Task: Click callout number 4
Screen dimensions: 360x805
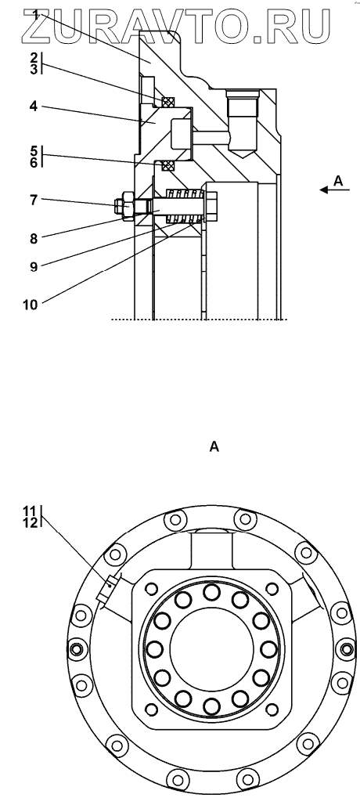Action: (x=34, y=106)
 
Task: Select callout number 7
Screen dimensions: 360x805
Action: (x=34, y=200)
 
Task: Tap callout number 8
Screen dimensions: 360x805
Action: (x=34, y=238)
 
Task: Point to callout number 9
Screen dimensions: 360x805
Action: (x=34, y=267)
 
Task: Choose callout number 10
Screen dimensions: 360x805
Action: (x=31, y=305)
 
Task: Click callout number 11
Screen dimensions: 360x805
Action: (x=30, y=511)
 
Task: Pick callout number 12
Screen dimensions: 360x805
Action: (x=30, y=522)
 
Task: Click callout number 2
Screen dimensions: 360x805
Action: (x=34, y=57)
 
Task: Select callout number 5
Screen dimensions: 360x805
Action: (x=34, y=151)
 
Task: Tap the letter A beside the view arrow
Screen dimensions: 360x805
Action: (x=338, y=180)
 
